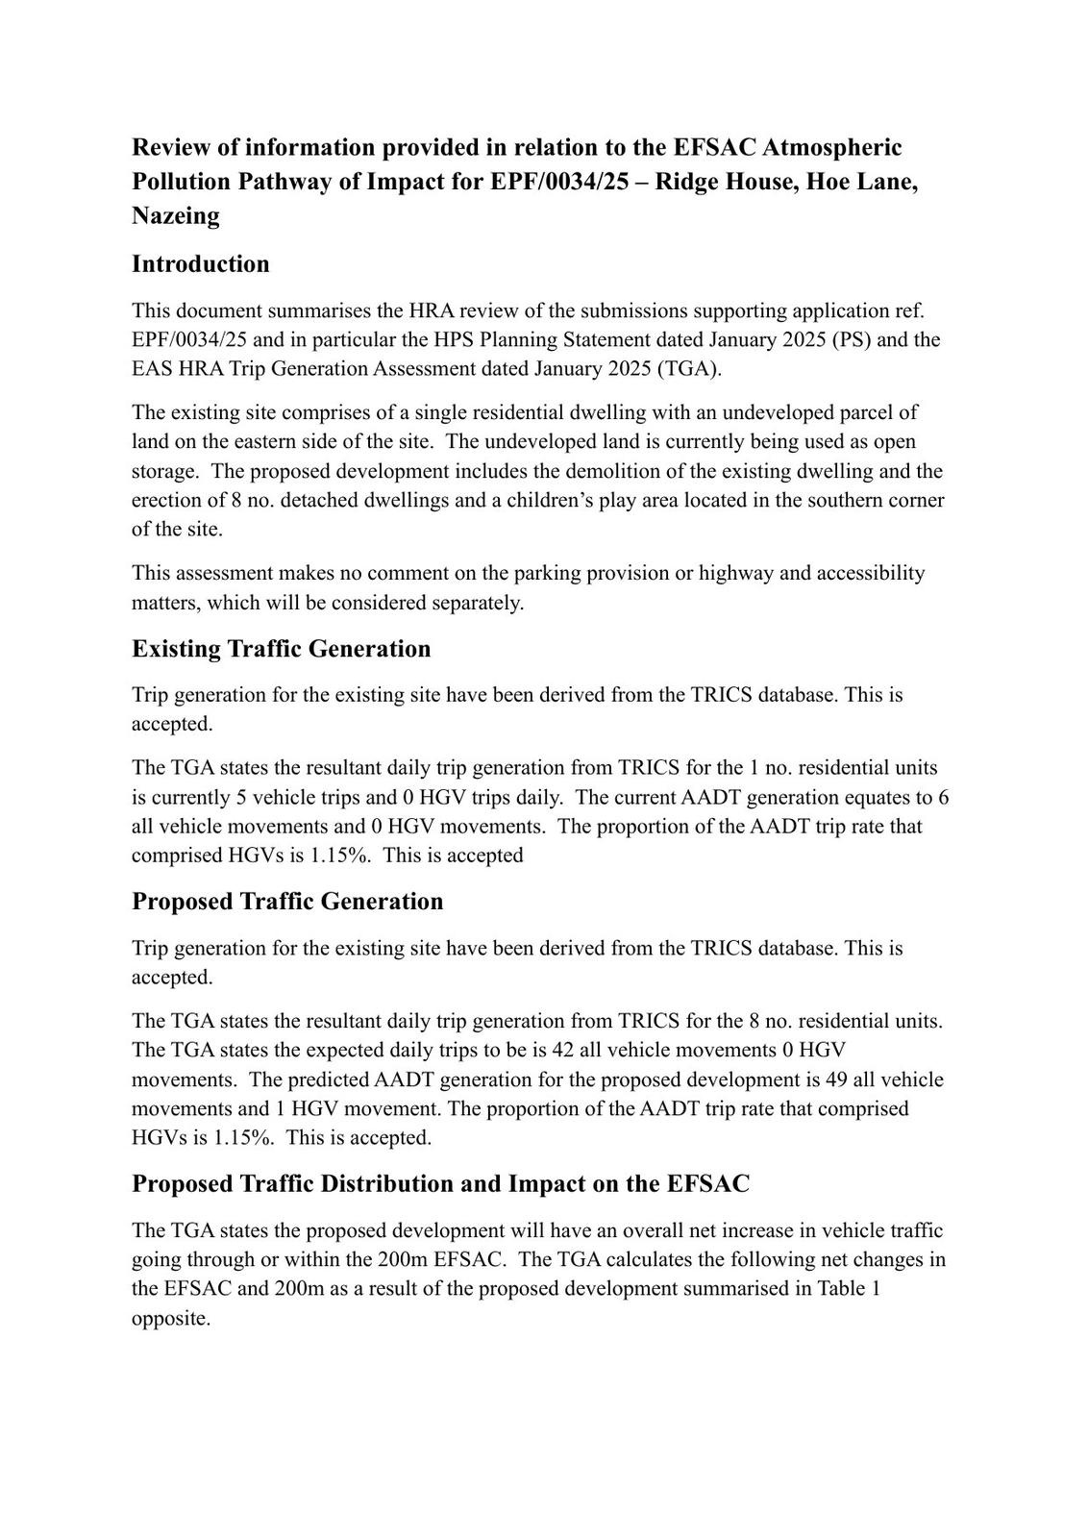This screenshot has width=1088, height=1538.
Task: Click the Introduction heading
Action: (x=200, y=264)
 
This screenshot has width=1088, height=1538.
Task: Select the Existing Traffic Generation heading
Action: (x=281, y=649)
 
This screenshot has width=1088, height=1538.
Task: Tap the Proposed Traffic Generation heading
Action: (x=287, y=902)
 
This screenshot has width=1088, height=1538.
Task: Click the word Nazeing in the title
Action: (x=176, y=215)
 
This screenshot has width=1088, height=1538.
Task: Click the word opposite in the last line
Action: (x=170, y=1319)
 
